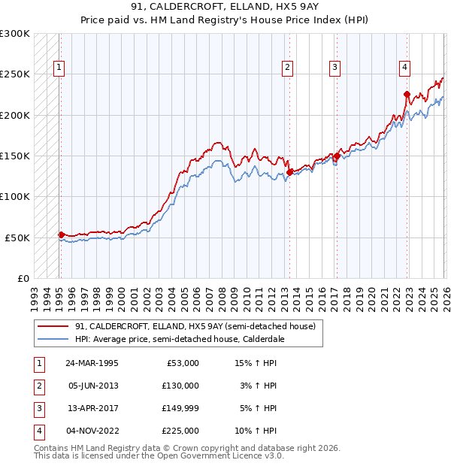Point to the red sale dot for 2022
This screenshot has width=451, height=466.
click(x=407, y=95)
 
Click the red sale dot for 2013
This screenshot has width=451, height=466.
click(x=289, y=172)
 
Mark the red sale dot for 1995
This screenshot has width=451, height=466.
click(x=62, y=235)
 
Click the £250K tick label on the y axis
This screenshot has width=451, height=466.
click(x=15, y=74)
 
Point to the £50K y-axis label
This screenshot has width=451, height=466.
click(x=17, y=238)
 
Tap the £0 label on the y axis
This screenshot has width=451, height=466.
click(x=23, y=278)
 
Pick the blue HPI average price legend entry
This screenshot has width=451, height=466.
click(x=177, y=339)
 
